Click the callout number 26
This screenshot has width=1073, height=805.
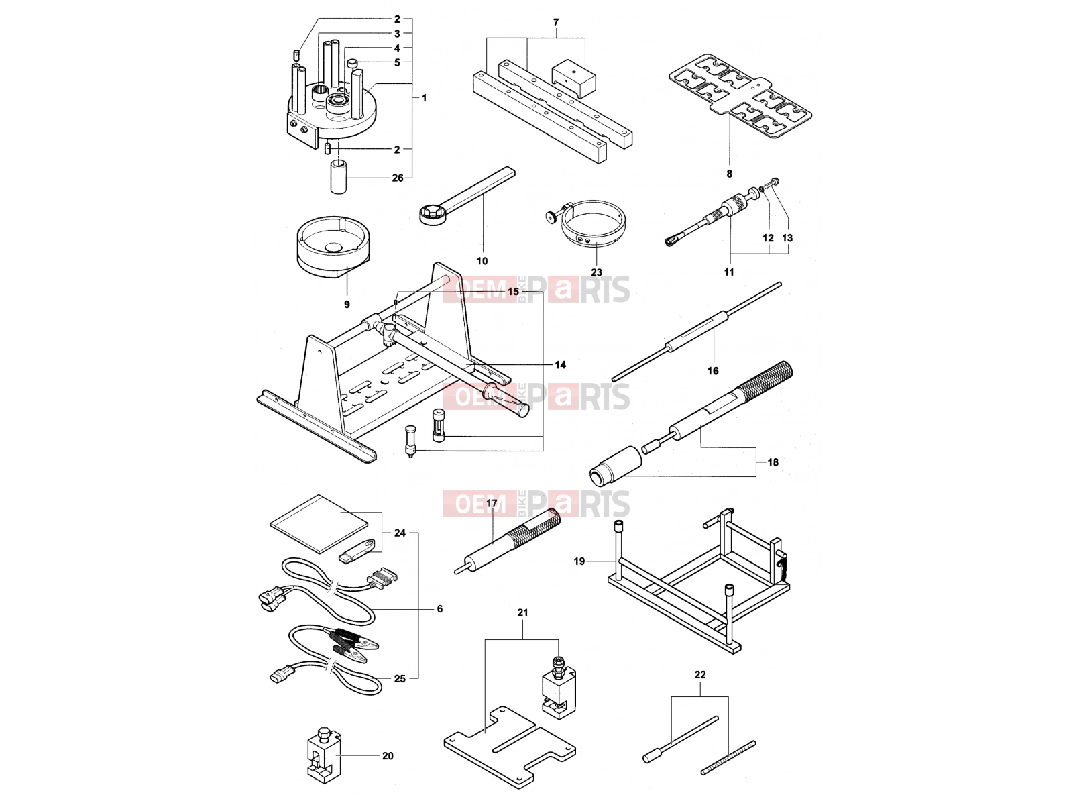coord(398,178)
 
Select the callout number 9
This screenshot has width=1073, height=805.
coord(347,304)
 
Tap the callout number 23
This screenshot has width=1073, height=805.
coord(596,272)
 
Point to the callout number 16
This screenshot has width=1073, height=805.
coord(713,371)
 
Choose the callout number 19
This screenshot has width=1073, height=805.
coord(579,561)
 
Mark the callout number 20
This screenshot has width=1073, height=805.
coord(388,756)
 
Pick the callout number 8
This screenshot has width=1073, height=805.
coord(729,174)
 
